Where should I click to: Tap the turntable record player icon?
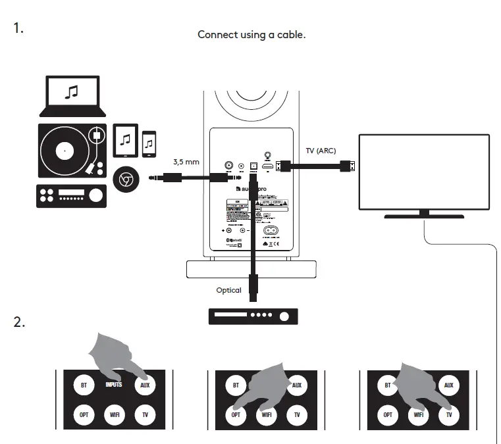point(71,151)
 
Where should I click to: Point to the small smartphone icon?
point(149,141)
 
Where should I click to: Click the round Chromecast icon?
point(126,178)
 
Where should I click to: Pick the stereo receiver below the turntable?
point(71,195)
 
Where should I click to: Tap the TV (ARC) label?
point(321,151)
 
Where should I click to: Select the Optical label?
point(229,290)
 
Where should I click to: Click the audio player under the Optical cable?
point(252,316)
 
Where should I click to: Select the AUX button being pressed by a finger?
point(145,385)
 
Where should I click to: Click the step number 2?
point(19,322)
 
